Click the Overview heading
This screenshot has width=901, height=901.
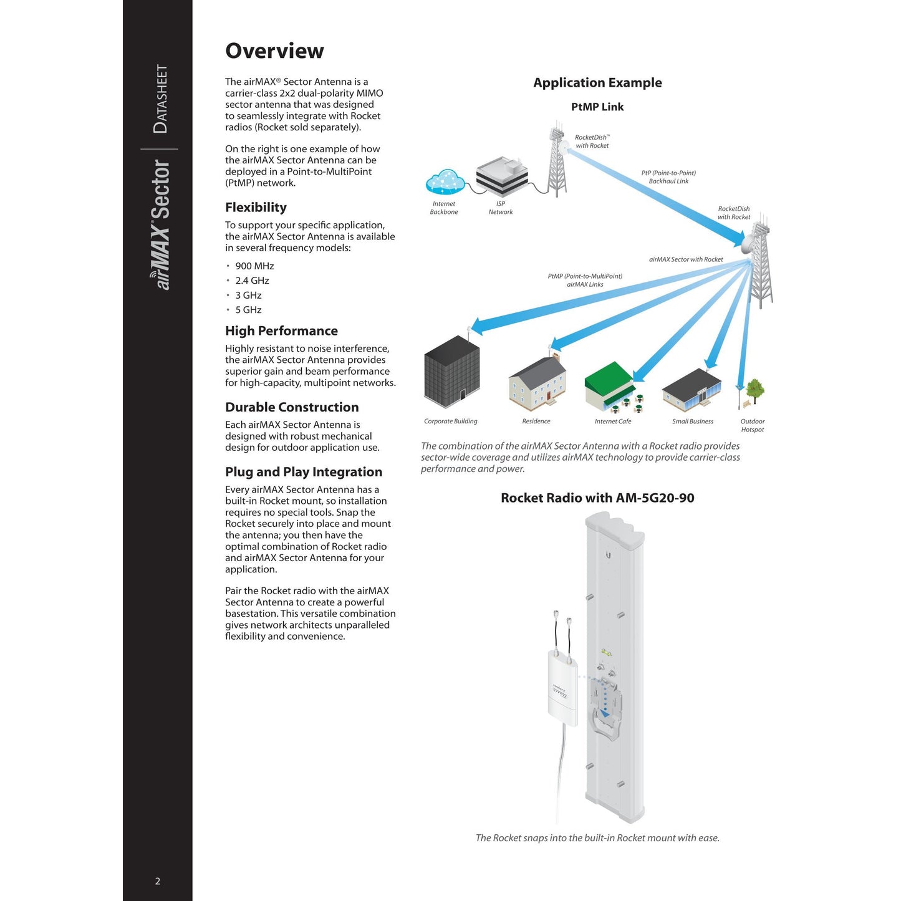click(x=274, y=51)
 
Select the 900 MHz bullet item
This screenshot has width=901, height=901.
click(x=254, y=266)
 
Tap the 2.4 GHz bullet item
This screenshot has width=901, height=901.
click(x=252, y=281)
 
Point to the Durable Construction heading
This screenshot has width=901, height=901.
click(x=292, y=407)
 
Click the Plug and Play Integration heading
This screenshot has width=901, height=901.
click(x=304, y=472)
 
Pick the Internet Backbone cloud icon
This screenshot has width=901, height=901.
click(x=445, y=182)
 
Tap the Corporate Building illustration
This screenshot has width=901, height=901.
click(x=452, y=373)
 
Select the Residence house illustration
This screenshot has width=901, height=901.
click(x=537, y=383)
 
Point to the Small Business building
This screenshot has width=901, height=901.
click(x=691, y=390)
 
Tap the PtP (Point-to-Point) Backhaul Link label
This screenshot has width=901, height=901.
click(x=668, y=177)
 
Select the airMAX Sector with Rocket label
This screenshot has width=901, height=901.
click(x=686, y=259)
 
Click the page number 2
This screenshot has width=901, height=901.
click(x=158, y=881)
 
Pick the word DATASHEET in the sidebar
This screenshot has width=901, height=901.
click(x=160, y=99)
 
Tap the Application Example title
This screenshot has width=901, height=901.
click(x=597, y=83)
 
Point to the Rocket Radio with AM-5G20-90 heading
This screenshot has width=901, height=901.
click(x=597, y=498)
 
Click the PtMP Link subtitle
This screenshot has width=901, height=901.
click(x=597, y=107)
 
